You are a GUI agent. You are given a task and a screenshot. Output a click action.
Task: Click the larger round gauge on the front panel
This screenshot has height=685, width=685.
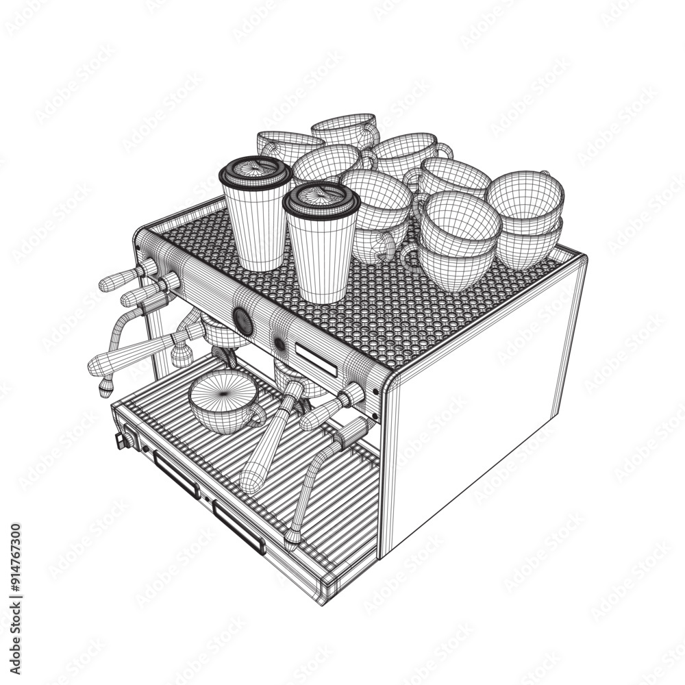[242, 321]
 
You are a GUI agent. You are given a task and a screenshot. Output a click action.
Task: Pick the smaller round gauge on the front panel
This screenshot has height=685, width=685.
[279, 344]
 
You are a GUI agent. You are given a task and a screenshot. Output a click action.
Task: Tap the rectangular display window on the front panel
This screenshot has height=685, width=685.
[316, 359]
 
